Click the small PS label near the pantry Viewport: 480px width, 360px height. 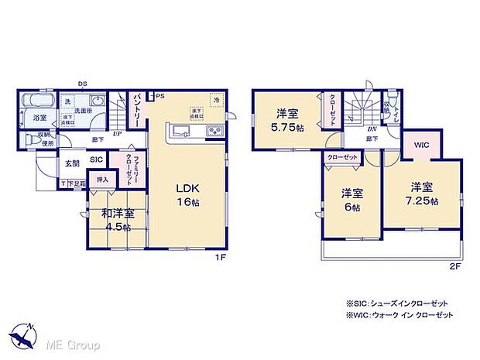coord(159,97)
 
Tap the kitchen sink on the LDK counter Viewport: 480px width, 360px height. coord(179,130)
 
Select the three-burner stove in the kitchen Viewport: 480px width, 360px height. coord(213,130)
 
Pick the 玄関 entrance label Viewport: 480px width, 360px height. coord(71,164)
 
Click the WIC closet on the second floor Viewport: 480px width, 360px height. coord(420,144)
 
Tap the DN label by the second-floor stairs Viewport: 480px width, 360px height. coord(371,129)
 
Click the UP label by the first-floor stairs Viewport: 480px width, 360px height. coord(115,133)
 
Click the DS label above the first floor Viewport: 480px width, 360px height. coord(81,84)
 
